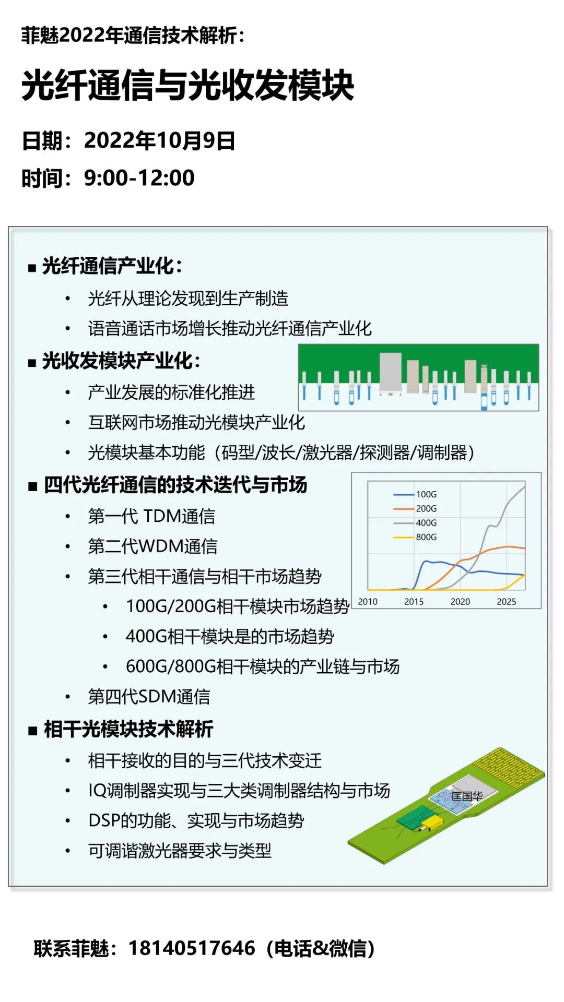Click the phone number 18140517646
pyautogui.click(x=192, y=948)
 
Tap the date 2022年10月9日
pyautogui.click(x=159, y=141)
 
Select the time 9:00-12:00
pyautogui.click(x=139, y=178)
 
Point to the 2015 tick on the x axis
pyautogui.click(x=414, y=601)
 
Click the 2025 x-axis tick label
pyautogui.click(x=506, y=601)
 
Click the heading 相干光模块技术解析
pyautogui.click(x=128, y=729)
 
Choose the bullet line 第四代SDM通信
pyautogui.click(x=149, y=697)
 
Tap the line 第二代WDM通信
pyautogui.click(x=152, y=546)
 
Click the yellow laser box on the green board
pyautogui.click(x=431, y=823)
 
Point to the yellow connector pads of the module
pyautogui.click(x=510, y=770)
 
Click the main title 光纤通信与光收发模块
pyautogui.click(x=188, y=86)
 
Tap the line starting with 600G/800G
pyautogui.click(x=263, y=666)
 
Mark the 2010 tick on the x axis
pyautogui.click(x=368, y=601)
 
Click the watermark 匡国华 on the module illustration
pyautogui.click(x=467, y=796)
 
